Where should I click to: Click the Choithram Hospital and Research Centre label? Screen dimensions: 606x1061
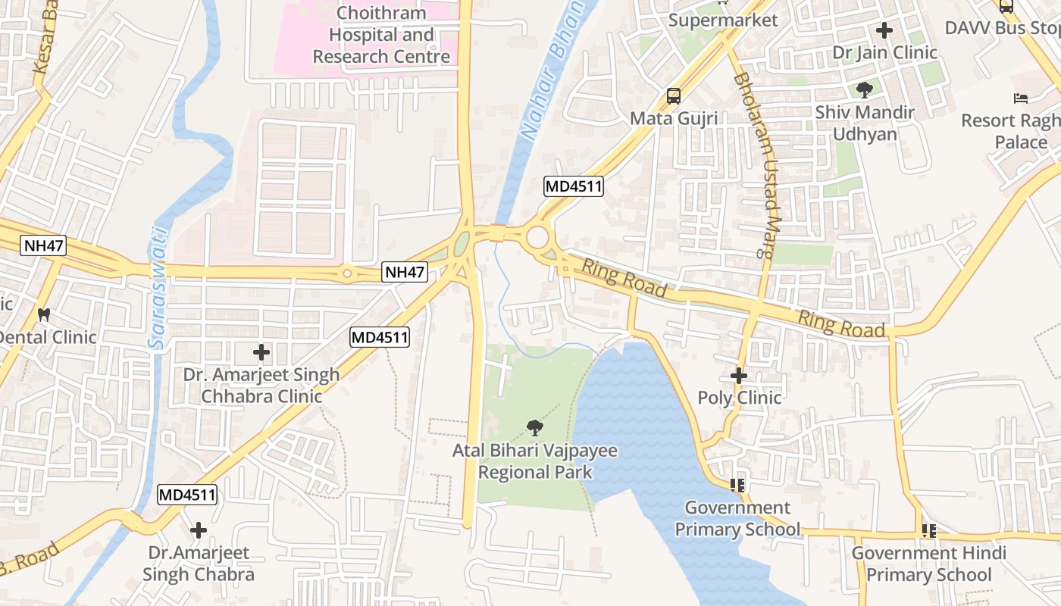[381, 35]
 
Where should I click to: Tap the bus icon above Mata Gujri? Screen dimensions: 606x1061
[673, 96]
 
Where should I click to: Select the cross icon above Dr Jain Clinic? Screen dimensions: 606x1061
[884, 31]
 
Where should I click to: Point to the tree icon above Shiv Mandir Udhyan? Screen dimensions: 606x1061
[864, 91]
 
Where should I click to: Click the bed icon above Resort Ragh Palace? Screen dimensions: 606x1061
[1021, 98]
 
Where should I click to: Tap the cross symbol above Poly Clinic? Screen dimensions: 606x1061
[739, 375]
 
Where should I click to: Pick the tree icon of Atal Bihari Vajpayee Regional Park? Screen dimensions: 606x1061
[535, 428]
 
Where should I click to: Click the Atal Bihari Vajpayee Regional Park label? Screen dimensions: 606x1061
[535, 461]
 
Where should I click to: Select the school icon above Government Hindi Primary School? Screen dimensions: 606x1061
[929, 531]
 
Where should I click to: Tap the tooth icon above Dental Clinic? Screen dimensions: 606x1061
[44, 314]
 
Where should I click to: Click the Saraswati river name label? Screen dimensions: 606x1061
[158, 287]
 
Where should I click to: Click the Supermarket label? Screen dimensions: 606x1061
[723, 20]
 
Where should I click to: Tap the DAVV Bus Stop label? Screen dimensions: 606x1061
[1002, 28]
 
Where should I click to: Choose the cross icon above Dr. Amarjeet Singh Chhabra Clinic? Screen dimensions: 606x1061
[261, 352]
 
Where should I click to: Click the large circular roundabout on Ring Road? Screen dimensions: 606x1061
[537, 237]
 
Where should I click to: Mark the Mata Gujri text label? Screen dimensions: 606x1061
[674, 119]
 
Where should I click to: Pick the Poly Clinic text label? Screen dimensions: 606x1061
[739, 398]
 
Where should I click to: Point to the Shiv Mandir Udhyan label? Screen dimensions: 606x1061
[865, 123]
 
